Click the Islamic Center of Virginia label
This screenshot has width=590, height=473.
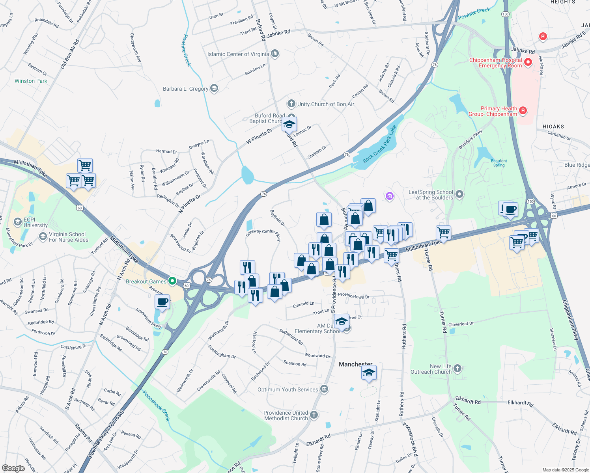(x=238, y=54)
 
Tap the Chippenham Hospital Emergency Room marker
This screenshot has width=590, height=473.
(x=528, y=62)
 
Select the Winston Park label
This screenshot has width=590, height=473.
(x=31, y=81)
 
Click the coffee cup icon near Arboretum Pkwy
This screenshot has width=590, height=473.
(x=162, y=302)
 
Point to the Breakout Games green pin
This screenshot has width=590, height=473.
(x=172, y=281)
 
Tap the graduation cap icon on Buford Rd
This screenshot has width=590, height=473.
(x=289, y=124)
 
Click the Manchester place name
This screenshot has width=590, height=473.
(x=355, y=364)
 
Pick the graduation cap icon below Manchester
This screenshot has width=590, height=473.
(x=369, y=372)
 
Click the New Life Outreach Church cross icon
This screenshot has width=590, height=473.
(x=457, y=368)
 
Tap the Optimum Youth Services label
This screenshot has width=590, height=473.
(x=288, y=389)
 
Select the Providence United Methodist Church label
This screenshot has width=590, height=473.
(x=286, y=415)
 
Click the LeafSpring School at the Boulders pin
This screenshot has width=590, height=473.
(x=459, y=194)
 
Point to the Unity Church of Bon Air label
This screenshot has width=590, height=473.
(x=325, y=104)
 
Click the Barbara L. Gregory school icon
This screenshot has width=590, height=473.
(x=214, y=88)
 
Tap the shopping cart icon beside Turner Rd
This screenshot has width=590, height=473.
(x=443, y=233)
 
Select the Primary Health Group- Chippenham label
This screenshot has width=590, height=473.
(x=493, y=111)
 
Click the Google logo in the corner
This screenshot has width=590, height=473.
(x=13, y=468)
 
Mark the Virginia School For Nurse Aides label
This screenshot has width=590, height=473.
(x=68, y=237)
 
